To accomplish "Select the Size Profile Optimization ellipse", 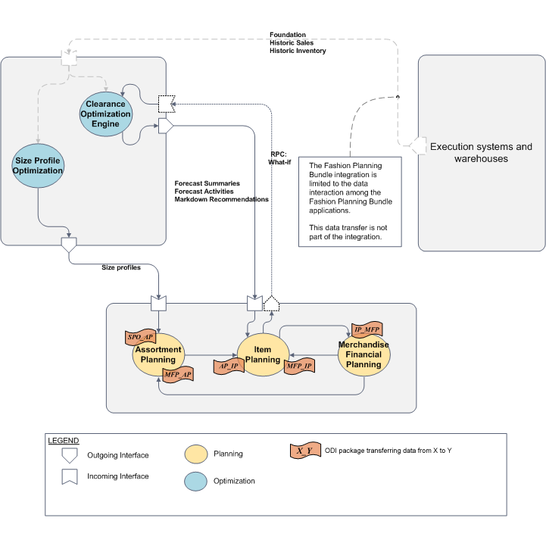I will pyautogui.click(x=37, y=166).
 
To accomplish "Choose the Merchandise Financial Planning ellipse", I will pyautogui.click(x=363, y=354).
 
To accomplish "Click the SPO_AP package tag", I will pyautogui.click(x=140, y=335).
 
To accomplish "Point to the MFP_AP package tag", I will pyautogui.click(x=177, y=374).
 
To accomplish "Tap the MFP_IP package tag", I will pyautogui.click(x=299, y=366).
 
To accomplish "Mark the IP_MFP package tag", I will pyautogui.click(x=367, y=329).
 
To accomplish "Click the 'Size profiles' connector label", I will pyautogui.click(x=121, y=267).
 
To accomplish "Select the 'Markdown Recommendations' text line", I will pyautogui.click(x=221, y=199).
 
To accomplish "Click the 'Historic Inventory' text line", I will pyautogui.click(x=298, y=51).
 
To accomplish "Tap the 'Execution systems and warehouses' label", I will pyautogui.click(x=481, y=152).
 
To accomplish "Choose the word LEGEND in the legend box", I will pyautogui.click(x=64, y=441).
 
